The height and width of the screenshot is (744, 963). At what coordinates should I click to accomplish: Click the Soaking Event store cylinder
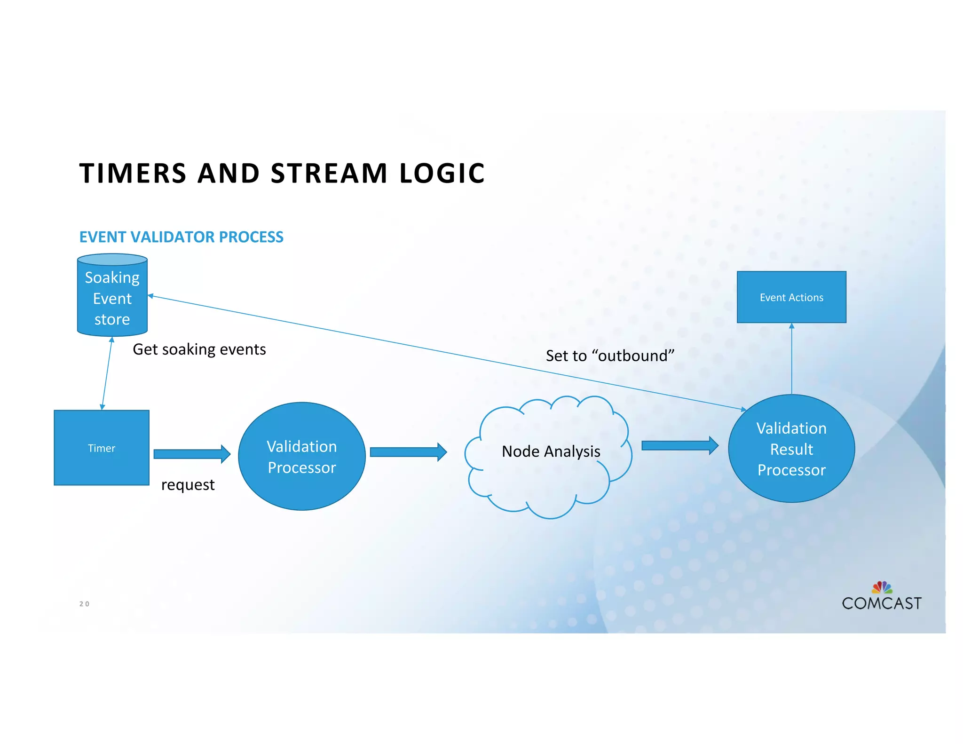tap(112, 297)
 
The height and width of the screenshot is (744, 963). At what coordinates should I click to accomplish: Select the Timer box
tap(102, 448)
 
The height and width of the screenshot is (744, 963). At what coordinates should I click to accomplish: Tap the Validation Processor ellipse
tap(302, 456)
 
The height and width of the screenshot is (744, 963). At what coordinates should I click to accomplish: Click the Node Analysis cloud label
tap(551, 451)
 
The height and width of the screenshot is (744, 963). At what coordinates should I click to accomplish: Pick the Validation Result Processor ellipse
tap(791, 449)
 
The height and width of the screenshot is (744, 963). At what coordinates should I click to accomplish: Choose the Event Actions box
tap(791, 297)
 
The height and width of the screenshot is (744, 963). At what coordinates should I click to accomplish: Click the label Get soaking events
tap(199, 349)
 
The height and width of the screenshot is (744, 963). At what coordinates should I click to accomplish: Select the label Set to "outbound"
tap(610, 356)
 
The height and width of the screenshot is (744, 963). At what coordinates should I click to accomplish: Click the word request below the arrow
tap(188, 485)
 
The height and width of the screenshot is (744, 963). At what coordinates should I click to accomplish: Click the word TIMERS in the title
tap(133, 173)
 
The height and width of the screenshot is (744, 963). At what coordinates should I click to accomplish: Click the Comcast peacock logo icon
tap(882, 587)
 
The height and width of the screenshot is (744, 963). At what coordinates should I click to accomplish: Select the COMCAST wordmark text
tap(882, 603)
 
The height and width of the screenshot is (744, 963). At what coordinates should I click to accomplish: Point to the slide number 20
tap(84, 604)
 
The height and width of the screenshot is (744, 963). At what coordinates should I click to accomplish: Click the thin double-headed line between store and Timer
tap(107, 373)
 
